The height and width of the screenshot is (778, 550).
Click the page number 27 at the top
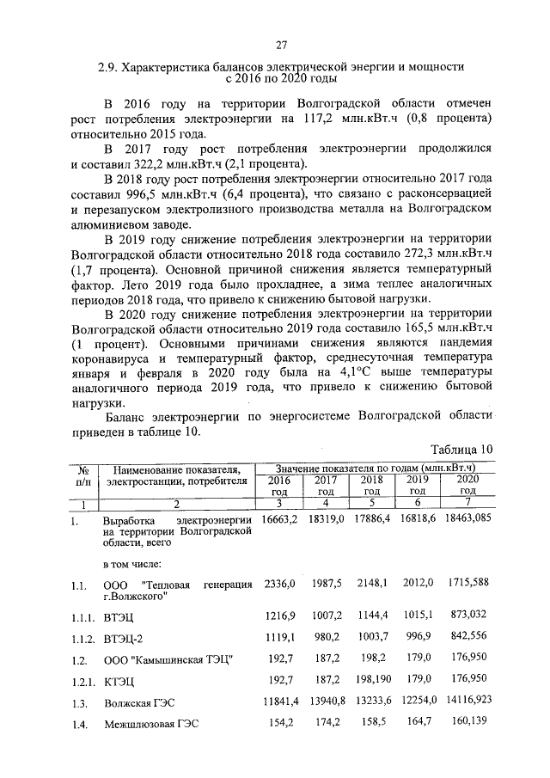pos(281,45)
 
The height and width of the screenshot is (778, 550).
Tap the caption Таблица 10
pos(461,448)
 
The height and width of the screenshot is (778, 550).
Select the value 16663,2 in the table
pos(279,520)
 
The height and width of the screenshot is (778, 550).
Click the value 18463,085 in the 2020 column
pos(469,520)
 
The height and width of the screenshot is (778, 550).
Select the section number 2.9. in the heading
pos(109,65)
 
